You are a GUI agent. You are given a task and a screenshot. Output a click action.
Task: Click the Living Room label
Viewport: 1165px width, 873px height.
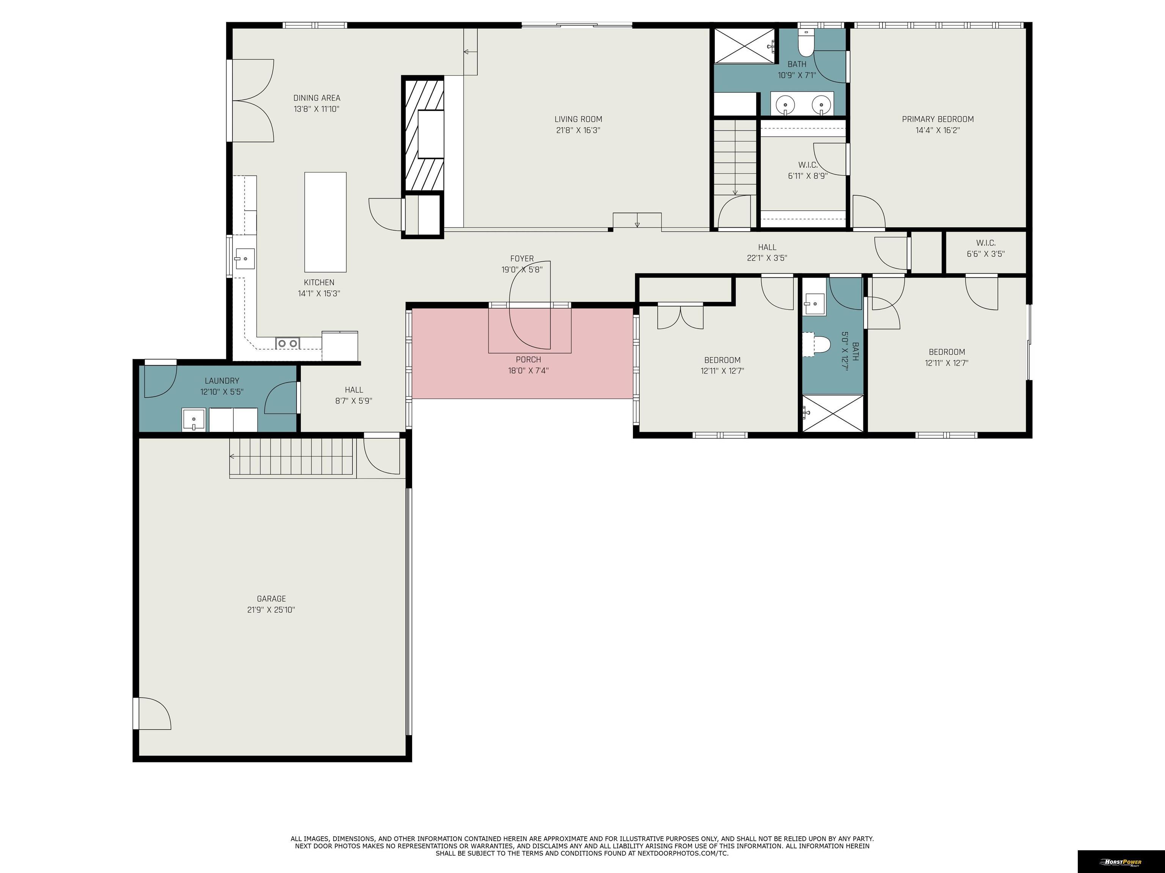pos(578,119)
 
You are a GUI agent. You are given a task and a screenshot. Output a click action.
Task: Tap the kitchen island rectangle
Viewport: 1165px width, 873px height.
pos(325,222)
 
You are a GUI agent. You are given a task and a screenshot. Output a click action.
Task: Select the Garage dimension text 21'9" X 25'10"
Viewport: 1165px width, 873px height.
pos(271,610)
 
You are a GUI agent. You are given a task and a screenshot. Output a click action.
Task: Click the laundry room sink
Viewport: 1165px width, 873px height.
pos(193,420)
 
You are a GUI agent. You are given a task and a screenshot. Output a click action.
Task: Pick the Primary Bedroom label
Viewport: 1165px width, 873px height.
pos(938,119)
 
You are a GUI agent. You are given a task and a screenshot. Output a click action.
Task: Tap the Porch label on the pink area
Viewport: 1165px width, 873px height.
pos(528,360)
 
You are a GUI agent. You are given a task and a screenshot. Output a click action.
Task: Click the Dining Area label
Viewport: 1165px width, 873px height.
pos(317,98)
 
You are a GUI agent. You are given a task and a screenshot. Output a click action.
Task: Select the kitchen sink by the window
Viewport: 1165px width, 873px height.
pos(245,258)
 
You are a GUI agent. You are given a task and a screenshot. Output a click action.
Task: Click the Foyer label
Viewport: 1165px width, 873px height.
pos(522,258)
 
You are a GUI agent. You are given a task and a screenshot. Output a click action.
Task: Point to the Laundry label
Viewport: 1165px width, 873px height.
pos(222,380)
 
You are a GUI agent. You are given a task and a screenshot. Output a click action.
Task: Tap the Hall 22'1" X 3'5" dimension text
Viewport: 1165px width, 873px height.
pos(767,258)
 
